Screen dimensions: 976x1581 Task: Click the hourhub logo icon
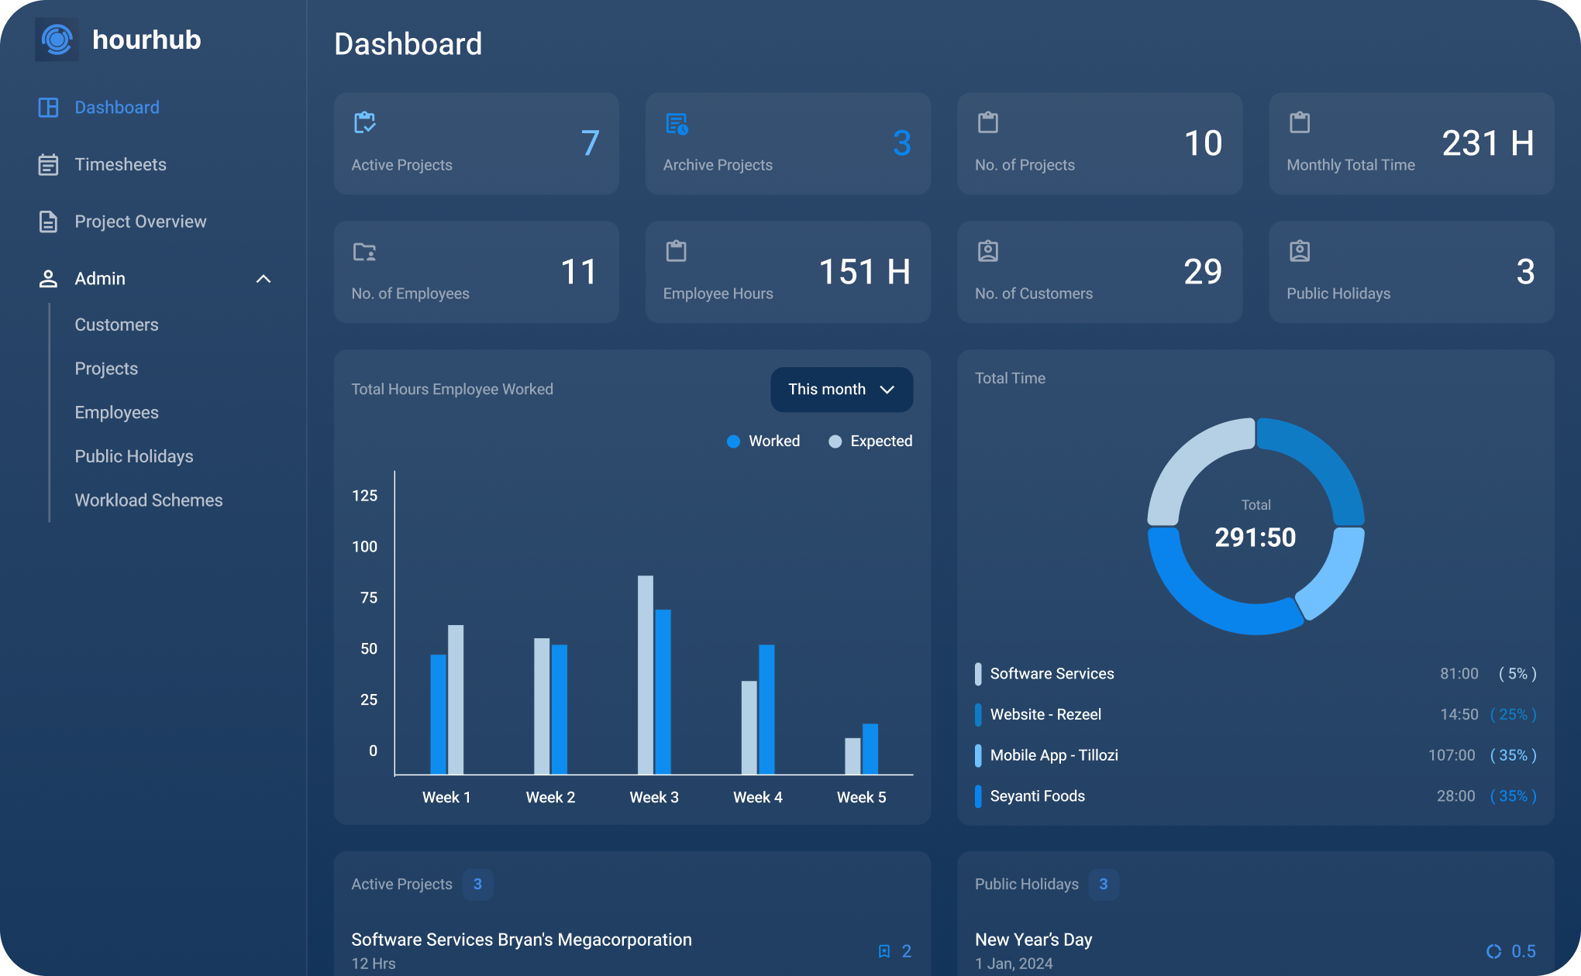[57, 40]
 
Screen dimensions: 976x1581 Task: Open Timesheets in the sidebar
[120, 164]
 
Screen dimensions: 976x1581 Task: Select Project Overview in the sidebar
[140, 222]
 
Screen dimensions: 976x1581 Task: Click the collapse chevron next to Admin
[263, 279]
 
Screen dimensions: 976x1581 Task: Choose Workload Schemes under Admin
[149, 500]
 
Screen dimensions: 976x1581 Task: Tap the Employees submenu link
[116, 413]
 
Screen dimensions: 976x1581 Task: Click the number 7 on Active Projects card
[590, 143]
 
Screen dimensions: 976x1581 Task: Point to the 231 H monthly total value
[1487, 143]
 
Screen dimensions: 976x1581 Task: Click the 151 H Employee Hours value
[864, 272]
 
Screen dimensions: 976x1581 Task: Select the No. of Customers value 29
[1202, 272]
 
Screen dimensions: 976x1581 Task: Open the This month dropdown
[841, 390]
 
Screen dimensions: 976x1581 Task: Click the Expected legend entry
[870, 442]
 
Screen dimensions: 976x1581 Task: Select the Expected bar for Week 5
[852, 755]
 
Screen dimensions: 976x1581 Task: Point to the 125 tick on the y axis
[365, 496]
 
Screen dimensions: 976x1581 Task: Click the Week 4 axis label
[757, 798]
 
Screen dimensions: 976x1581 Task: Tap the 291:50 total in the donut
[1255, 538]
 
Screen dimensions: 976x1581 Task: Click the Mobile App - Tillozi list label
[1054, 755]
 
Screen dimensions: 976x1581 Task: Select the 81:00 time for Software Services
[1459, 674]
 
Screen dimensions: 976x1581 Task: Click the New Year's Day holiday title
[1033, 940]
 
